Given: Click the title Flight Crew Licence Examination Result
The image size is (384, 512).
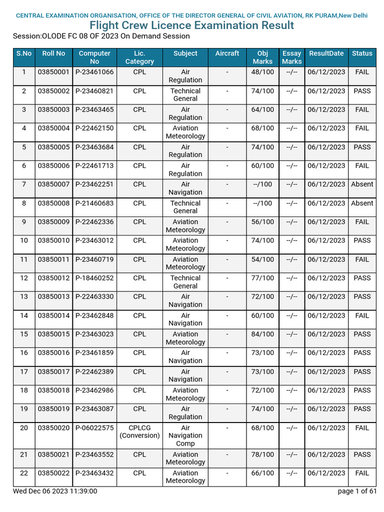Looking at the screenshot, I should click(191, 25).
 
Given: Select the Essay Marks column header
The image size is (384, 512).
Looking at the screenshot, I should click(291, 57).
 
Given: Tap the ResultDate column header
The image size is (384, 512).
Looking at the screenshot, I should click(326, 53).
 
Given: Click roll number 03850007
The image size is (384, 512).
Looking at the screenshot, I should click(53, 184).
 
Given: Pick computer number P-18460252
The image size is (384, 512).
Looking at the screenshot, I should click(94, 278).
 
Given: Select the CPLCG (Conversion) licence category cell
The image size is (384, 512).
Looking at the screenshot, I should click(139, 431).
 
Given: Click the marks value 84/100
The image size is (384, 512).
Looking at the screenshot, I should click(263, 334).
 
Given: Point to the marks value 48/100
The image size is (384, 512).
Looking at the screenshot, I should click(263, 72).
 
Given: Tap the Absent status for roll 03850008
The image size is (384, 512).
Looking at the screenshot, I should click(362, 203).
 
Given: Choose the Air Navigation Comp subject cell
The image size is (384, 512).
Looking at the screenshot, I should click(185, 435).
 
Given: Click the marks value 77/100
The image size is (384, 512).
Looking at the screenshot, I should click(263, 278).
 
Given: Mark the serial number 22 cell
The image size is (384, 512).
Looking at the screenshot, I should click(24, 473).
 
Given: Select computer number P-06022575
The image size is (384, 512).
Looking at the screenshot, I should click(94, 428).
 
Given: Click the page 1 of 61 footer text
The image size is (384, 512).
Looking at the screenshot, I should click(357, 491).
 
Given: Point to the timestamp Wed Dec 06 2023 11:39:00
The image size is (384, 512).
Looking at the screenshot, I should click(55, 491).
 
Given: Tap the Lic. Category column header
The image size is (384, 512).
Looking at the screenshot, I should click(139, 57).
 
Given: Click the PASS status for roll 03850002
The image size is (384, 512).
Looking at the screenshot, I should click(362, 91).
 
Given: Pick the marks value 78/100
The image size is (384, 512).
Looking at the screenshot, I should click(263, 454).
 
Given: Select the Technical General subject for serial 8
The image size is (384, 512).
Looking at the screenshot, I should click(185, 207).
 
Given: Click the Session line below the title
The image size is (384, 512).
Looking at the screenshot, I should click(101, 36).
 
